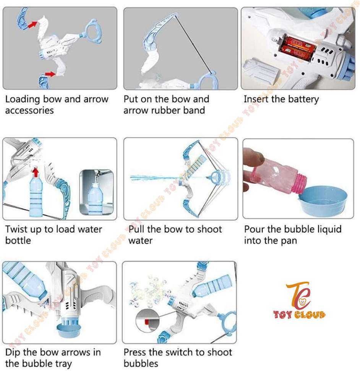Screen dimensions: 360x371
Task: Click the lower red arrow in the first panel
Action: [50, 74]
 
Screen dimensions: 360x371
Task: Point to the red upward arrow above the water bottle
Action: [35, 172]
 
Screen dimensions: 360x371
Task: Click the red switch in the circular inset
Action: [147, 322]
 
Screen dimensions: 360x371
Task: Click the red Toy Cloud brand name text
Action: [299, 315]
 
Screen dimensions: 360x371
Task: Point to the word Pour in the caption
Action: [254, 229]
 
